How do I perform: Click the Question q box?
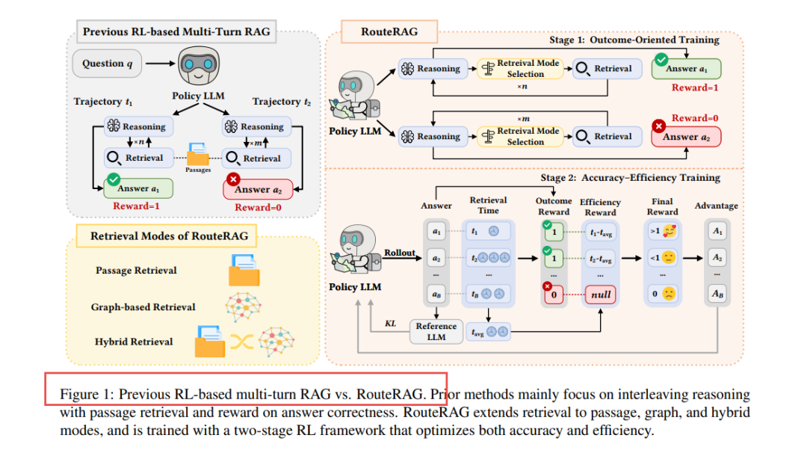[107, 64]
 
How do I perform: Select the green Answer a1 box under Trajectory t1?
[138, 188]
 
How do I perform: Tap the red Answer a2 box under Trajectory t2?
[258, 189]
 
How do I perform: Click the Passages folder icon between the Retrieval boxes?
[197, 154]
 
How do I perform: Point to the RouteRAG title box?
[389, 31]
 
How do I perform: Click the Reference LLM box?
[436, 331]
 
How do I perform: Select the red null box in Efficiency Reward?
[601, 295]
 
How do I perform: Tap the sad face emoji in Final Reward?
[669, 294]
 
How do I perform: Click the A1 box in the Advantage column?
[717, 231]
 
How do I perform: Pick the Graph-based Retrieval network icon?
[244, 306]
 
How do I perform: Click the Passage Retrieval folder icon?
[244, 270]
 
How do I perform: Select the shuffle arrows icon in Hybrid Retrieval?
[242, 342]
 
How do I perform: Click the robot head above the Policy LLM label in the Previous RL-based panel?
[199, 65]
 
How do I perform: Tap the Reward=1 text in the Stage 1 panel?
[695, 87]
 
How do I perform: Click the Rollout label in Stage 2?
[399, 253]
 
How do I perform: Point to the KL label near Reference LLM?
[391, 323]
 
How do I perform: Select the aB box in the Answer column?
[436, 295]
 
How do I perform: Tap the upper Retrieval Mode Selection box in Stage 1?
[520, 69]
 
